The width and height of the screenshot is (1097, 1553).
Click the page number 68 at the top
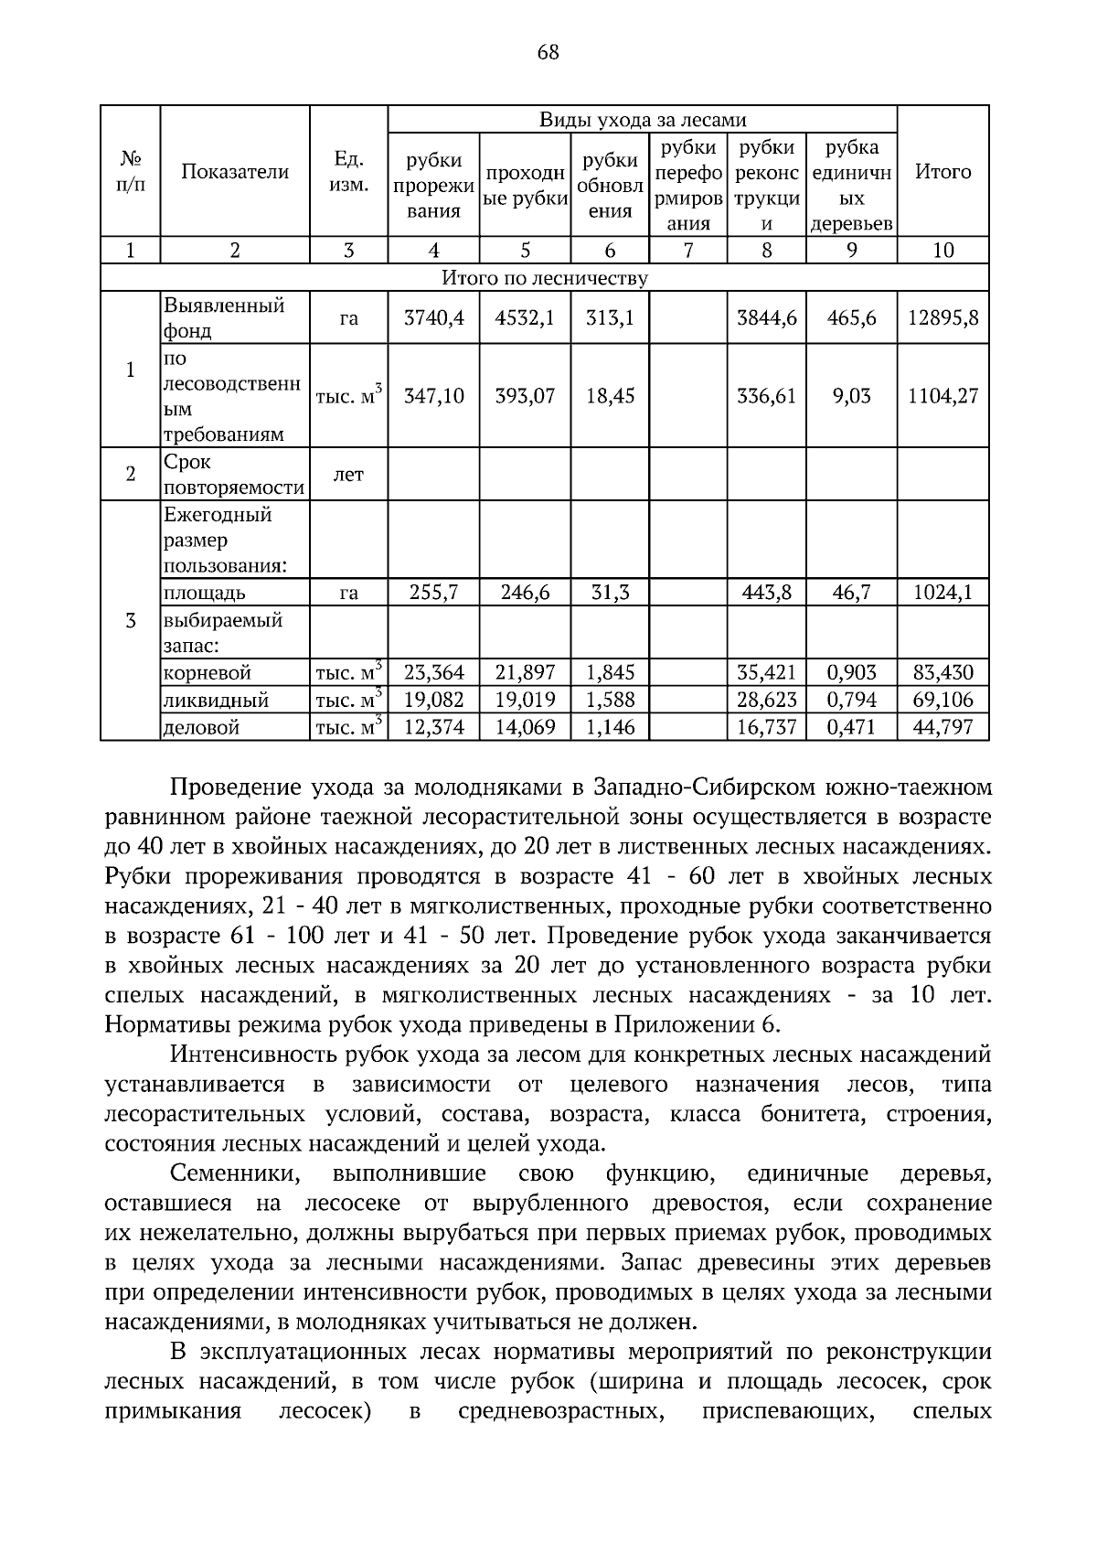(548, 52)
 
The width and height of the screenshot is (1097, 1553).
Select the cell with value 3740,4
(433, 317)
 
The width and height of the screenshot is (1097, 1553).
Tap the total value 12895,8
(943, 317)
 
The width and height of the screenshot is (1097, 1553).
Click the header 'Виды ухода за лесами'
(642, 120)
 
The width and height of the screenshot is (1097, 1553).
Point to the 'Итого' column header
(943, 172)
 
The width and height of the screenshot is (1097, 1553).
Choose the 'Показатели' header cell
(235, 172)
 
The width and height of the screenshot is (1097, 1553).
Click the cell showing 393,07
(525, 396)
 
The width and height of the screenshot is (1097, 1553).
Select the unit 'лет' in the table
(348, 474)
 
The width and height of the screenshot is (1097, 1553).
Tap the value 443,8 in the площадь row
(766, 593)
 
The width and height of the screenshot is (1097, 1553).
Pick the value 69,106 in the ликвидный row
(943, 701)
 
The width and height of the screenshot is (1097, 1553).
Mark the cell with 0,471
(850, 728)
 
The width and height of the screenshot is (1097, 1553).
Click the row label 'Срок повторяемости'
(234, 475)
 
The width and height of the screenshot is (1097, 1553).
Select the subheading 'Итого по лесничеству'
(545, 278)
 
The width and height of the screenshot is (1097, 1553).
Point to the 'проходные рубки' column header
(525, 187)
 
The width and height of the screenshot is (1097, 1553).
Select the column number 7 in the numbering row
(687, 251)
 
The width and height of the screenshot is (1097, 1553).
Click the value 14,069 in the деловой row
(525, 728)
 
